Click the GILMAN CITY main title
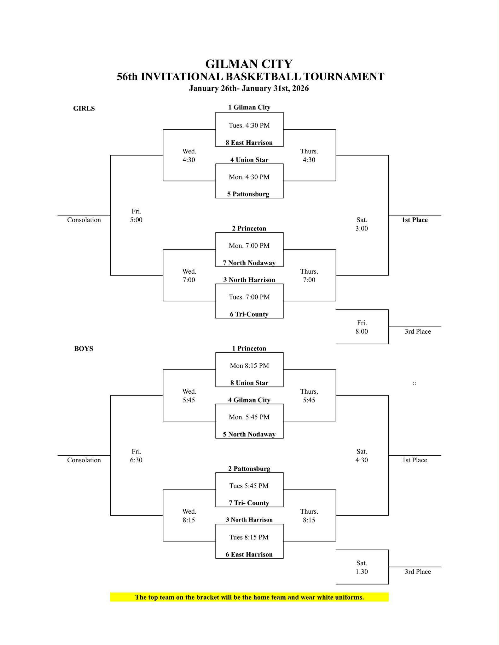click(249, 64)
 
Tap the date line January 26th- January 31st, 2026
click(249, 88)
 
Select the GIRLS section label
click(84, 108)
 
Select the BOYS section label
click(84, 349)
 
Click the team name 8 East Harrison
click(249, 143)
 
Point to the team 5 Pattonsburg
click(248, 194)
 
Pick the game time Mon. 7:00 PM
click(249, 246)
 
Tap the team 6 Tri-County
click(249, 314)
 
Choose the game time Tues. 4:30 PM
click(249, 125)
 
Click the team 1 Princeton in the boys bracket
click(249, 349)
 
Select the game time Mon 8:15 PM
click(249, 366)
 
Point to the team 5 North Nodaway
click(249, 434)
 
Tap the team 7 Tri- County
click(249, 503)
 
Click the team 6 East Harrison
click(249, 555)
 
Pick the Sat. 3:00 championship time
click(362, 224)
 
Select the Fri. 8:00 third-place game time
click(362, 327)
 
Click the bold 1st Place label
click(415, 220)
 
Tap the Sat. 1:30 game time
click(362, 568)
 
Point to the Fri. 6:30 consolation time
click(136, 456)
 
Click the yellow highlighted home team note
click(249, 597)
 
